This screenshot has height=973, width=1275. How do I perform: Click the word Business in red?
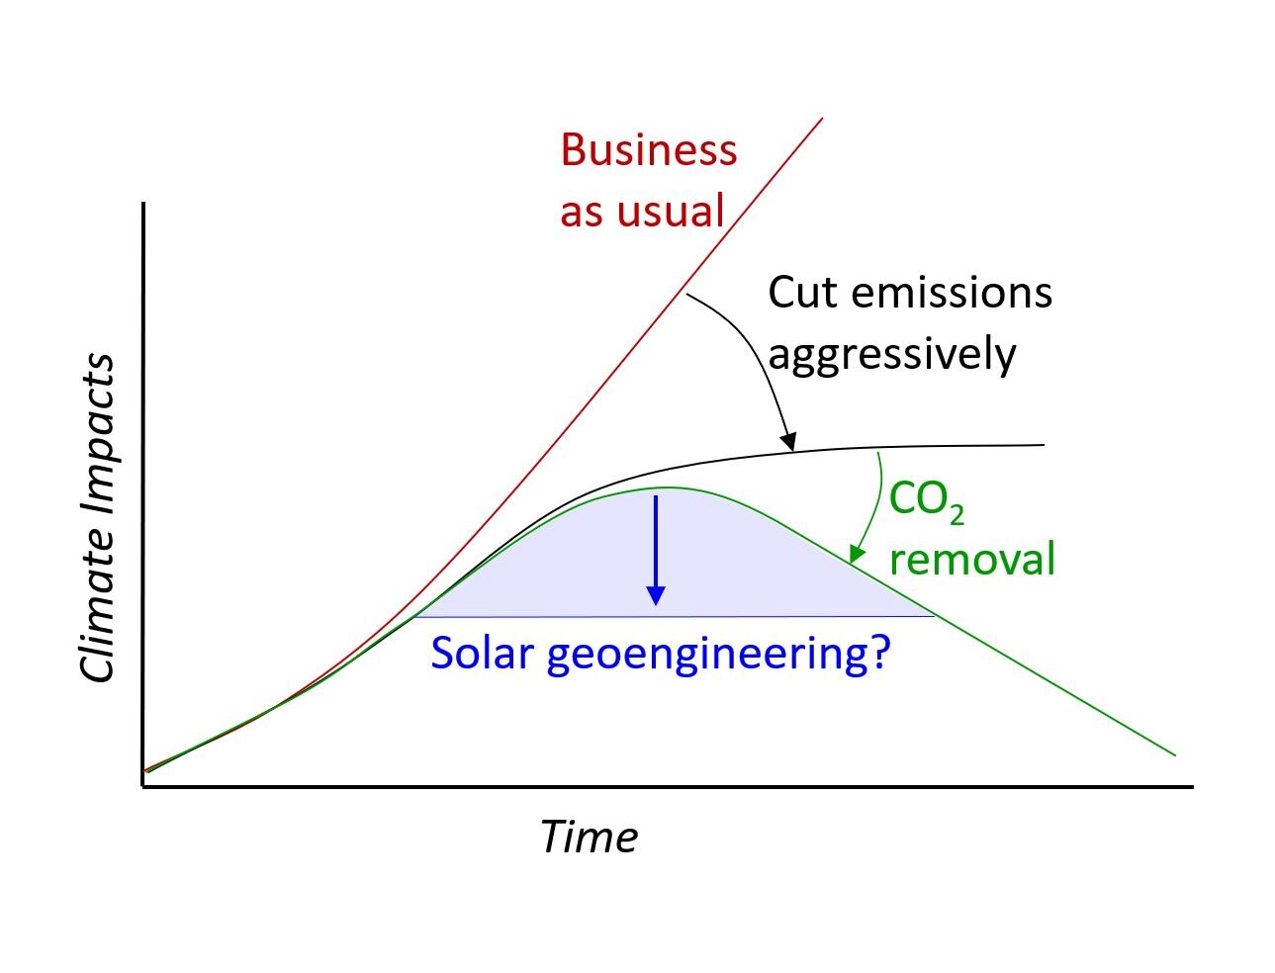pos(648,150)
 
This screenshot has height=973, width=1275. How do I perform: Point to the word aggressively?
pos(891,354)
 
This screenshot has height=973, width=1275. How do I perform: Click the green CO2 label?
pos(926,500)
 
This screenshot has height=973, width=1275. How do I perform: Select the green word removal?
pos(971,559)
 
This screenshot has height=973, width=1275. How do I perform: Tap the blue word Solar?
pos(482,653)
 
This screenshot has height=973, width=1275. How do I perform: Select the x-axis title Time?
pos(588,837)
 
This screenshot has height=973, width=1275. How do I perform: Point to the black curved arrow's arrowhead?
pos(788,442)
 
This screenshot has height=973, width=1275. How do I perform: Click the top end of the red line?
pos(822,120)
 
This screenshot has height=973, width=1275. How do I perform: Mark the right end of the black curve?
pos(1044,446)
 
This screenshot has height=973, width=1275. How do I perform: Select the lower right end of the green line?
pos(1174,755)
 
